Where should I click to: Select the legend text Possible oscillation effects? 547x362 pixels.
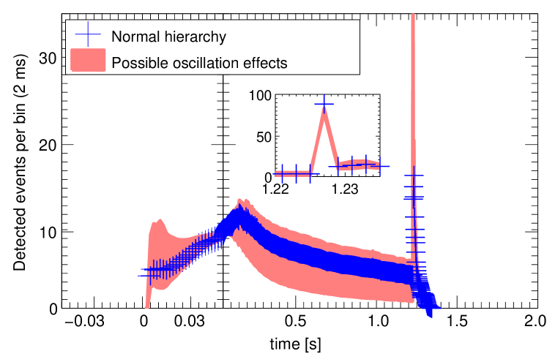tap(198, 62)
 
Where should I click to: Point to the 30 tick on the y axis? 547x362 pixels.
tap(48, 58)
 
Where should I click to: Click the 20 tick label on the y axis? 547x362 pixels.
tap(48, 145)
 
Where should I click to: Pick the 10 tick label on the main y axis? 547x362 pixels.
tap(48, 231)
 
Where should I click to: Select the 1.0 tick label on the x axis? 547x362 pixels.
tap(379, 322)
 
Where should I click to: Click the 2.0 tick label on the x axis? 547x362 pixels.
tap(536, 322)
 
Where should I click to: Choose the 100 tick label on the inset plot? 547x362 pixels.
tap(261, 95)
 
